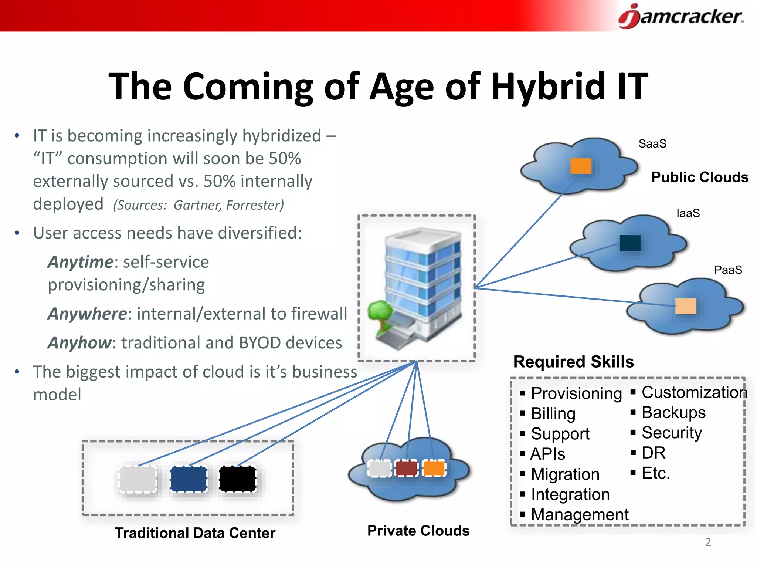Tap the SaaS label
coord(652,143)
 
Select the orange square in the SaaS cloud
coord(581,166)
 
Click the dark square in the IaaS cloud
coord(630,243)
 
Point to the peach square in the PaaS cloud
coord(685,306)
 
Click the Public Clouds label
coord(699,177)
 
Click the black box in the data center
coord(238,479)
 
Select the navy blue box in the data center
coord(189,479)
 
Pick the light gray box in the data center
coord(138,479)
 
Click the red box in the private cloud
coord(406,469)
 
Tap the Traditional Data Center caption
coord(195,533)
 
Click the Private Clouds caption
coord(418,531)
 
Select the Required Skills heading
coord(573,362)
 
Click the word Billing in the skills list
coord(553,413)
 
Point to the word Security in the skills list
coord(672,433)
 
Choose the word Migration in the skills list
coord(565,474)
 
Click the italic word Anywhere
coord(87,314)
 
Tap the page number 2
coord(708,542)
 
